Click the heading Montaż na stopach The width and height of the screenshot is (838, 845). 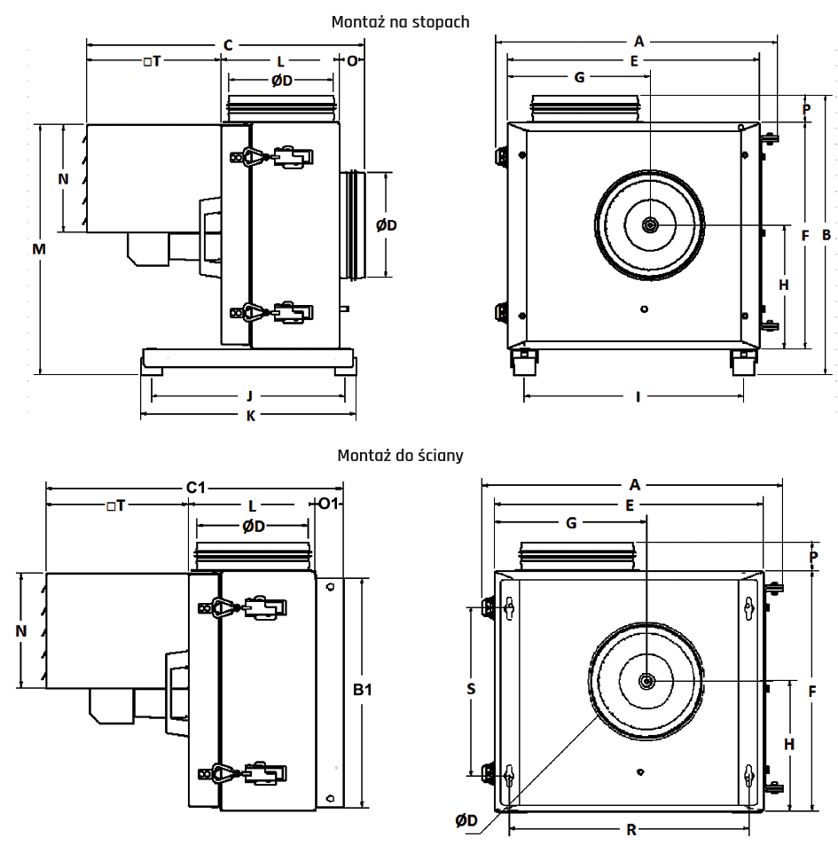coord(399,21)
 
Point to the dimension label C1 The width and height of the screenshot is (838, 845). coord(195,488)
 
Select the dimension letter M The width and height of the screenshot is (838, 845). coord(38,249)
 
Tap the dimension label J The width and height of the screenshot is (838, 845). coord(250,395)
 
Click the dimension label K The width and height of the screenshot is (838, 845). coord(250,414)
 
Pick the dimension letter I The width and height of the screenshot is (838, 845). coord(638,395)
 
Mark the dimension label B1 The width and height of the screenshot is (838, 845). coord(362,690)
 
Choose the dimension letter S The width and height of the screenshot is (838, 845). coord(472,689)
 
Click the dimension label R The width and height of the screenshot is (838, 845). coord(631,830)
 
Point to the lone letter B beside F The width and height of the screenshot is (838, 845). coord(826,235)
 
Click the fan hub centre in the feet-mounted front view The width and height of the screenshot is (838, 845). coord(651,225)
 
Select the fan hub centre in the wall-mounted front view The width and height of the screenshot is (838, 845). coord(646,681)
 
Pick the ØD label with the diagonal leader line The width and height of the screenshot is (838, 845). coord(467,821)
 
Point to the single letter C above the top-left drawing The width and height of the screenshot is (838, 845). coord(228,44)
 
